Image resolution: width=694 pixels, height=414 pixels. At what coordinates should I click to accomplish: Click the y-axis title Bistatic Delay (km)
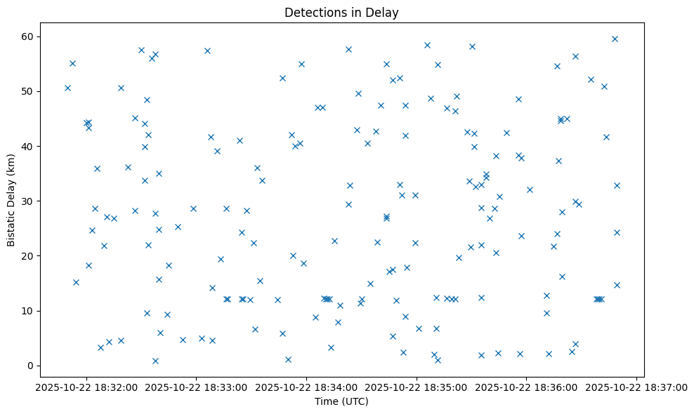(11, 200)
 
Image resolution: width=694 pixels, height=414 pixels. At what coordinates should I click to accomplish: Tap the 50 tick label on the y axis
(30, 91)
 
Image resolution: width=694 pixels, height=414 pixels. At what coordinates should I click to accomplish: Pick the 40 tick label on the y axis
(30, 146)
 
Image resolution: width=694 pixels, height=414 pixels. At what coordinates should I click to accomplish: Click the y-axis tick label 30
(30, 201)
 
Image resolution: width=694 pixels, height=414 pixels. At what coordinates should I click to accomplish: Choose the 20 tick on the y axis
(30, 256)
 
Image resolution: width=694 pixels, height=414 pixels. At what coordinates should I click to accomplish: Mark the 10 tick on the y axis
(30, 311)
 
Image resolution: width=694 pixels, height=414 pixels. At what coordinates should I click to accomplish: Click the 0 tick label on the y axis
(32, 366)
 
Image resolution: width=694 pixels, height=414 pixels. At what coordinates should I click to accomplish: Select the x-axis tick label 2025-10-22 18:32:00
(86, 386)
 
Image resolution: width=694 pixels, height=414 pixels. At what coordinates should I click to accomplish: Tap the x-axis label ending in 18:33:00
(197, 386)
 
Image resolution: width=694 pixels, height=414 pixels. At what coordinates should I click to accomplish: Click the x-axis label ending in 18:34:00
(306, 386)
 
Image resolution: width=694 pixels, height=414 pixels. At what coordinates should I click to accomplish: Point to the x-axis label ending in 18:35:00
(417, 386)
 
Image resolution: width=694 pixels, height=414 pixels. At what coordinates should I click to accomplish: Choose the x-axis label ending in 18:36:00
(527, 386)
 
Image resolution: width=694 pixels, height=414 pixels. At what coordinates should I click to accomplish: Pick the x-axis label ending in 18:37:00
(636, 386)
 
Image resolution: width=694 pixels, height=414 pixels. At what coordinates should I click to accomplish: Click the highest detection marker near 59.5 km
(615, 39)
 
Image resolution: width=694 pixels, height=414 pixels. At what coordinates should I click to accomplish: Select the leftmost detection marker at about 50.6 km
(67, 88)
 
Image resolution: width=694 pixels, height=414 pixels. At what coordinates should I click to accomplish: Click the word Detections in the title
(310, 13)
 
